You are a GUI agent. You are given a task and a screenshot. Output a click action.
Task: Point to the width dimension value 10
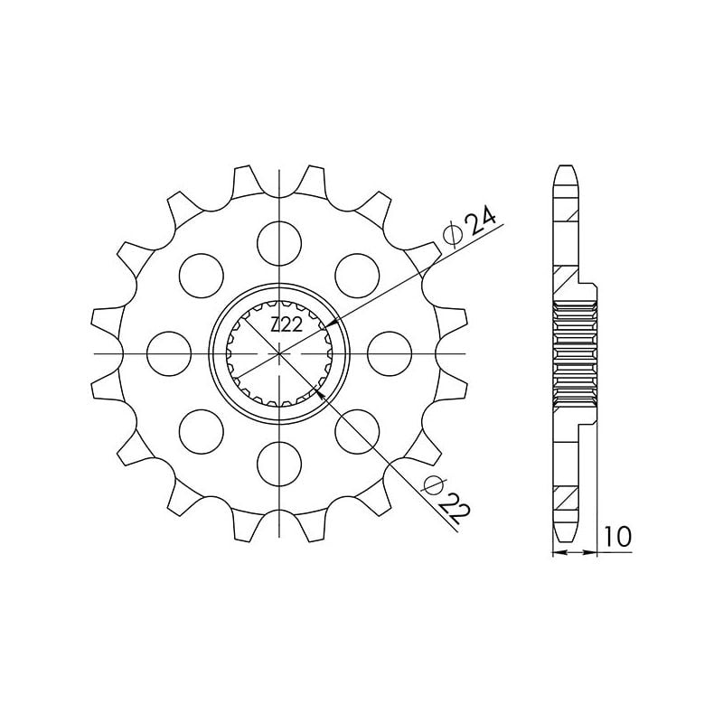(618, 537)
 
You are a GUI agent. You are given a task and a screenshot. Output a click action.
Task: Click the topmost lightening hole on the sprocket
(280, 239)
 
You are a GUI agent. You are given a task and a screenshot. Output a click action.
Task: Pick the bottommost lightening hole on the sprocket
(280, 463)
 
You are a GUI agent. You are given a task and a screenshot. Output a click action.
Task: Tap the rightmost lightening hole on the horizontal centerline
(391, 352)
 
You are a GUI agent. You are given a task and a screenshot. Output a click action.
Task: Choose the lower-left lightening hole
(202, 430)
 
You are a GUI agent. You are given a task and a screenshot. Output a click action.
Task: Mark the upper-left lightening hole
(202, 273)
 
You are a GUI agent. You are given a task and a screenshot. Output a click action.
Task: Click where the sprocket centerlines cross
(280, 352)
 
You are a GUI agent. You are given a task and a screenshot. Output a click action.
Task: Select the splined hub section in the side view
(573, 352)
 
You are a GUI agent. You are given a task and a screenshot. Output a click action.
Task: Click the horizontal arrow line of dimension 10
(575, 549)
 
